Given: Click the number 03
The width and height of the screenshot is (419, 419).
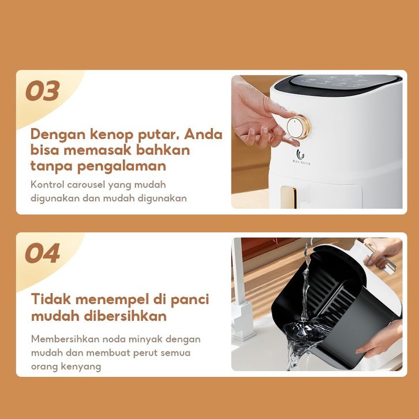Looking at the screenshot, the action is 43,91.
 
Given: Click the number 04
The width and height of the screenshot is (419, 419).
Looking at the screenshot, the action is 43,253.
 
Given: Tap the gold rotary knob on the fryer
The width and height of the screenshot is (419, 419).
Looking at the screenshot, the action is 298,126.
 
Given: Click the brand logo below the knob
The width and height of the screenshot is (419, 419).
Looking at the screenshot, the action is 301,157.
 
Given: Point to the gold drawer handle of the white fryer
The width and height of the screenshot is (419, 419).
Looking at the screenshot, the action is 289,197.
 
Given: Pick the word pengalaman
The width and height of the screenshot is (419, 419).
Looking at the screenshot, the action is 122,166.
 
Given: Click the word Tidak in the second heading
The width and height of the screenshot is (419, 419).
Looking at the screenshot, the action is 51,299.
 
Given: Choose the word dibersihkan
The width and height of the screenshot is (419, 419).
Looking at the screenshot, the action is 125,316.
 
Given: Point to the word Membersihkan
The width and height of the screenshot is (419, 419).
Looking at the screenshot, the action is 65,339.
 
